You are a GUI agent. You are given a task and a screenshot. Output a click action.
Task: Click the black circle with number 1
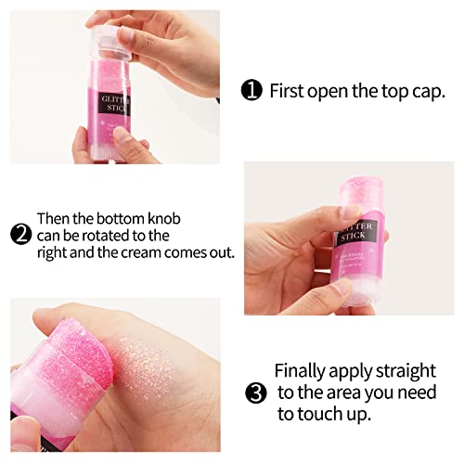coord(251,91)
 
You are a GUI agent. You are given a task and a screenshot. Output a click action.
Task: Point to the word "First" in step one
coord(288,91)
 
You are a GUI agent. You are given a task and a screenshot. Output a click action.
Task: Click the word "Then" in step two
coord(54,219)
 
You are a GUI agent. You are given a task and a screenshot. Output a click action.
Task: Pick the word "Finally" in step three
coord(304,368)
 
